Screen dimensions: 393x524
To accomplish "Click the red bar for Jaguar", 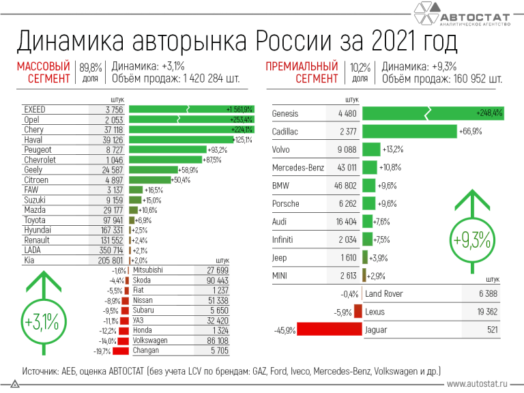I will (330, 330).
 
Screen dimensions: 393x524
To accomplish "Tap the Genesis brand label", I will (286, 113).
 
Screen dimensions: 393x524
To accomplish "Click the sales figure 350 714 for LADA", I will (108, 250).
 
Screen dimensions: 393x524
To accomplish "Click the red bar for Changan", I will (120, 351).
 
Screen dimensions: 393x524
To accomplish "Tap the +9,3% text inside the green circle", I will (471, 240).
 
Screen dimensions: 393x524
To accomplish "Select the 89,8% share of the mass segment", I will (90, 67).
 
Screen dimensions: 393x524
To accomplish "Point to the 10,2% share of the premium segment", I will (360, 67).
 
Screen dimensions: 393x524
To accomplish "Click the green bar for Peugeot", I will (168, 149).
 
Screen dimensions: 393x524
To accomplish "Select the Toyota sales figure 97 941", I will (109, 220).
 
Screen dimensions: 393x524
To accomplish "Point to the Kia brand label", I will (30, 260).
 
